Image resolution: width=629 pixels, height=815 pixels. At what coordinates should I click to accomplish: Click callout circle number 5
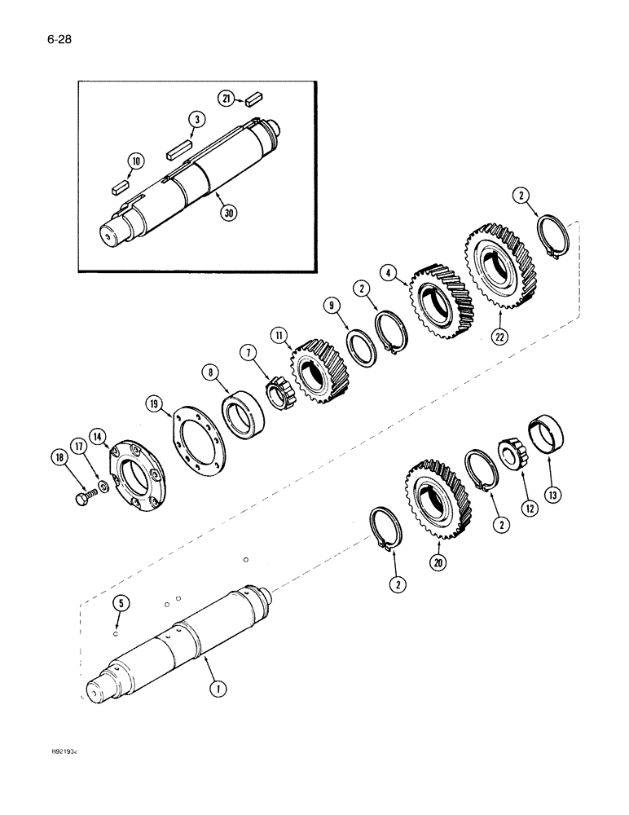121,605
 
